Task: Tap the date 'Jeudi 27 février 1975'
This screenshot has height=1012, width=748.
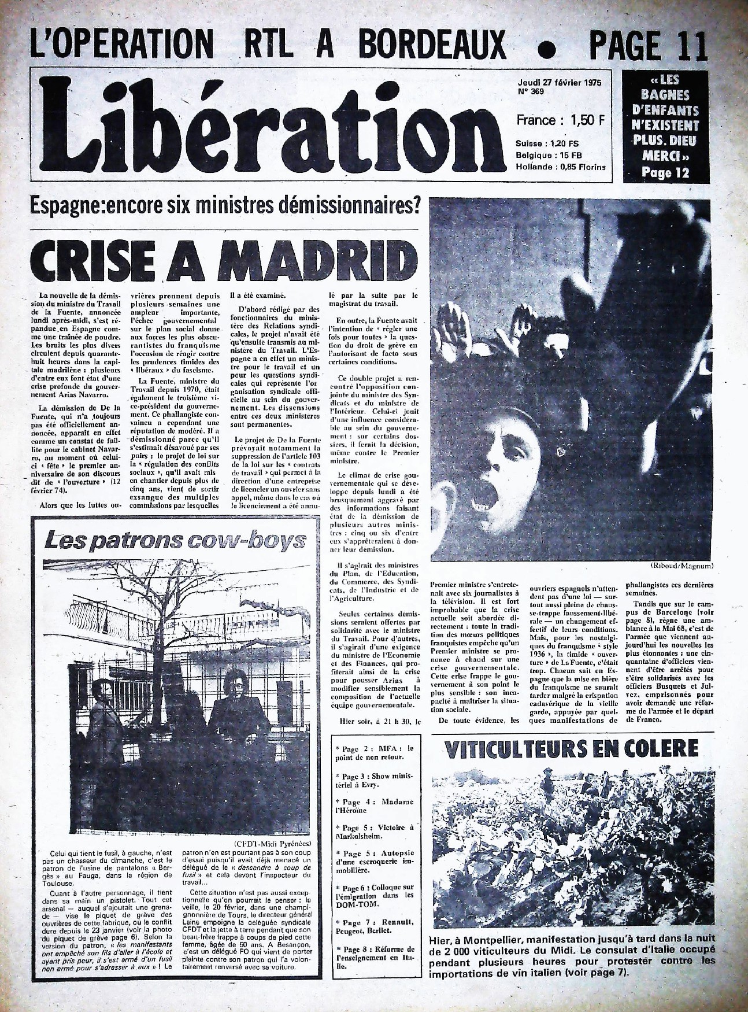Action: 558,83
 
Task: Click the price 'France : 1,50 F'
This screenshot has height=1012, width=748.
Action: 561,120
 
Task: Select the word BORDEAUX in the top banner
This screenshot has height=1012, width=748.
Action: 431,45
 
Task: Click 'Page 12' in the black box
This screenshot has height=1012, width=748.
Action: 665,172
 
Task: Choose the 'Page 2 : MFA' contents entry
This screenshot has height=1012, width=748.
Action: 376,752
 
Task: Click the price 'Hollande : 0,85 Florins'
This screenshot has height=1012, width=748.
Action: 561,167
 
